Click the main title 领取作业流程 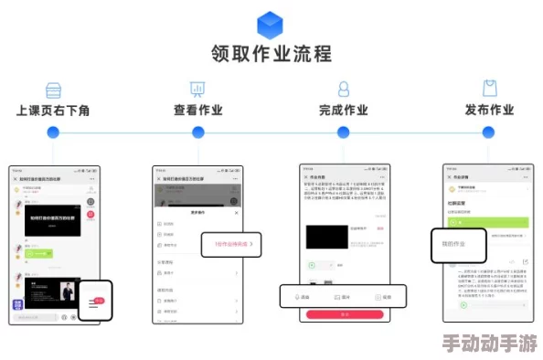271,54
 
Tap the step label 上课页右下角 53,111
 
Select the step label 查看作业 198,111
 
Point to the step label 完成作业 344,111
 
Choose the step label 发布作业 489,111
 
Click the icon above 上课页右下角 53,89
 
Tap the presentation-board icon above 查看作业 197,89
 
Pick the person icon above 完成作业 344,89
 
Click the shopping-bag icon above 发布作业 489,89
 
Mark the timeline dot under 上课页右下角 53,132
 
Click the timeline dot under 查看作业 197,132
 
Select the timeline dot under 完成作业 344,132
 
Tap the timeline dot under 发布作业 489,132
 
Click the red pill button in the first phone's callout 99,300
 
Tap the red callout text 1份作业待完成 232,244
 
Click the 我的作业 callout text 454,244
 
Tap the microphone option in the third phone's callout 299,297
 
